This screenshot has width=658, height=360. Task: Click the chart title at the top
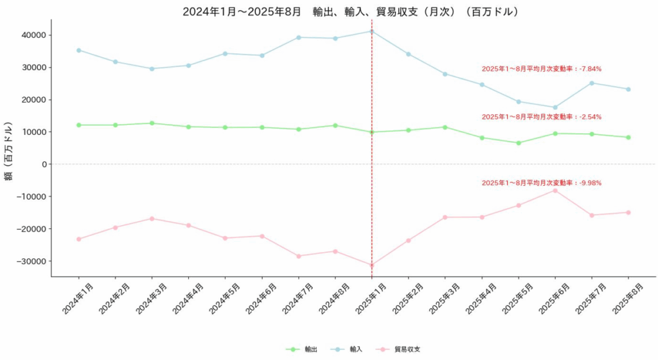point(351,12)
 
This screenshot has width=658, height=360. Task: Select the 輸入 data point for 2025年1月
point(372,31)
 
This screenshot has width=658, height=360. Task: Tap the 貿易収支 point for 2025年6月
point(555,190)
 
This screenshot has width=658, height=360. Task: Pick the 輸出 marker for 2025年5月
point(519,143)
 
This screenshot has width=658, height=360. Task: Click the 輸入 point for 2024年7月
point(299,37)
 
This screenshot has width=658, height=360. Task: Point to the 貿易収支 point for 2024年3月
point(152,219)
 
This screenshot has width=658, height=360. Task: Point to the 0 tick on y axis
point(42,164)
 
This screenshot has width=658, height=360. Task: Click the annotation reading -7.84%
point(541,69)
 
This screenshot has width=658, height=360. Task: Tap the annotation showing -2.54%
point(541,117)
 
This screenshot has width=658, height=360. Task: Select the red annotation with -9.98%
point(541,183)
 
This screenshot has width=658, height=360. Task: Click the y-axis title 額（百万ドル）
point(9,151)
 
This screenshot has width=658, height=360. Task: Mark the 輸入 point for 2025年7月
point(592,83)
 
